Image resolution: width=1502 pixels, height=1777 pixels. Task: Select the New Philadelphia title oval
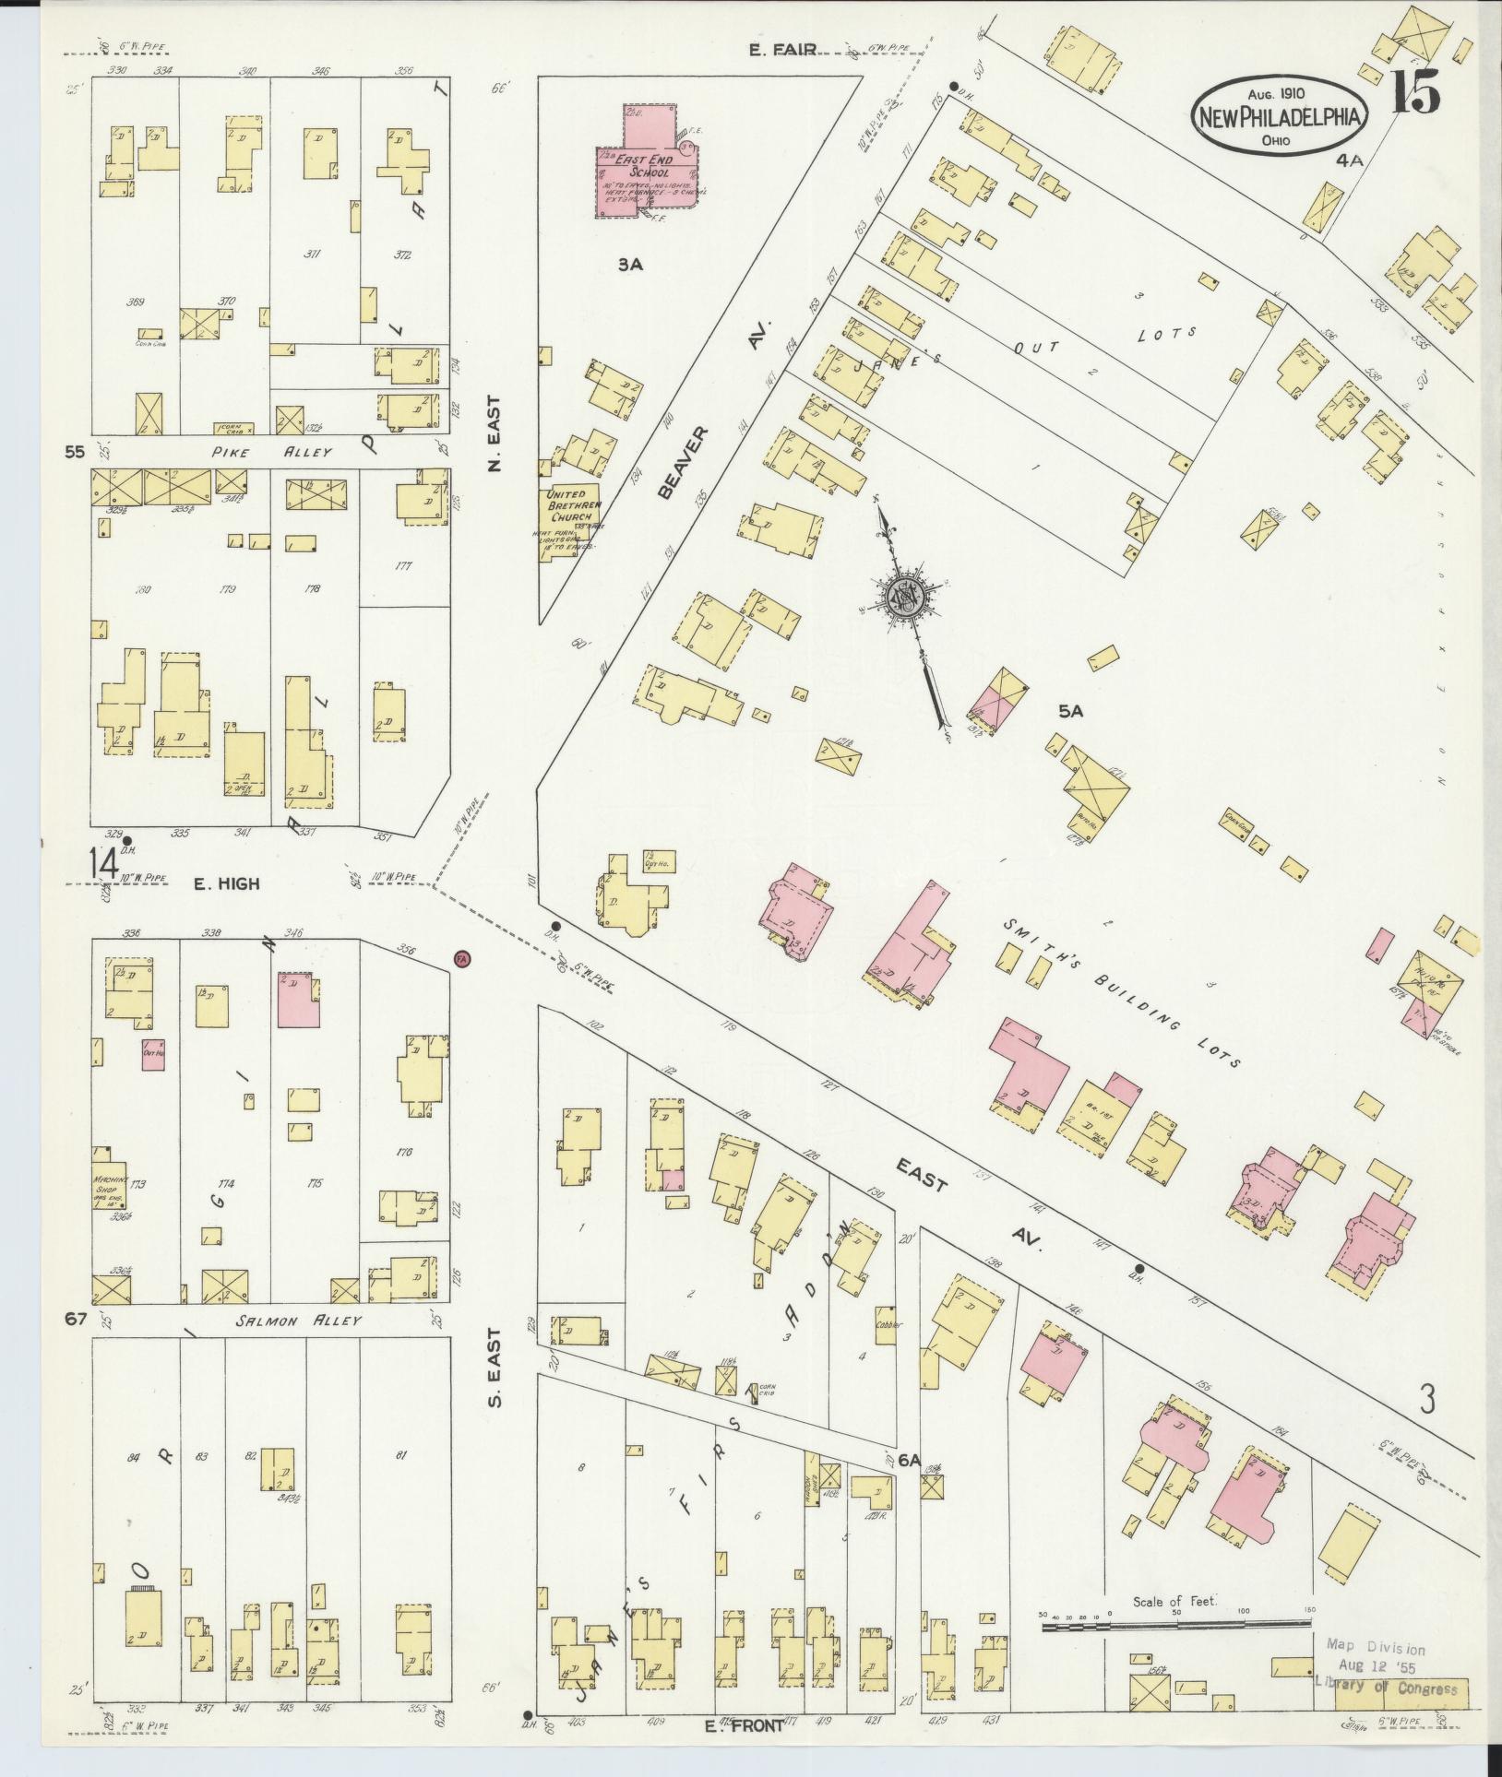tap(1281, 117)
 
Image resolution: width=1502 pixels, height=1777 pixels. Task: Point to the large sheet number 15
tap(1414, 92)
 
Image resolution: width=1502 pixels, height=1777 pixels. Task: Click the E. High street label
tap(226, 883)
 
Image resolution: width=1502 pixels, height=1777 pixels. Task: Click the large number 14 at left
tap(103, 865)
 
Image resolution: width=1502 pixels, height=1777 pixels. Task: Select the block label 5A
tap(1070, 711)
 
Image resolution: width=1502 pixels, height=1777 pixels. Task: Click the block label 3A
tap(630, 266)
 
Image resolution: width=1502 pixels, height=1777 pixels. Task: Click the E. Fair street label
tap(783, 50)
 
